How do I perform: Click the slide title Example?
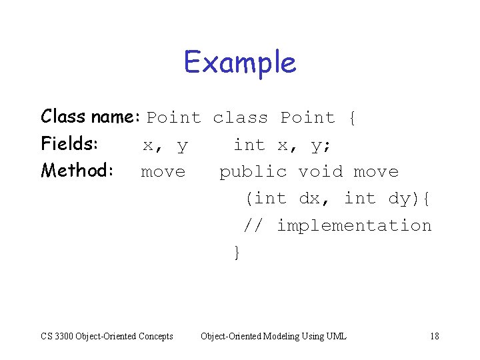point(240,63)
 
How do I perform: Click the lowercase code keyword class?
point(240,118)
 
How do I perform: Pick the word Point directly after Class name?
point(173,118)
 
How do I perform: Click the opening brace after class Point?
point(352,119)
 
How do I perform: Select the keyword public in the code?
point(253,171)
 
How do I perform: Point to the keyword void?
point(320,171)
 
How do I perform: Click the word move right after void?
point(376,171)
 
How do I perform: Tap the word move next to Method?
point(163,171)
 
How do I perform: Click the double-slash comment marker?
point(253,225)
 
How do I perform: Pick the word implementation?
point(354,226)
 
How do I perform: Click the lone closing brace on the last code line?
point(236,253)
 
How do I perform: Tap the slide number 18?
point(435,336)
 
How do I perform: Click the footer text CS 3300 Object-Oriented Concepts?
point(107,336)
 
